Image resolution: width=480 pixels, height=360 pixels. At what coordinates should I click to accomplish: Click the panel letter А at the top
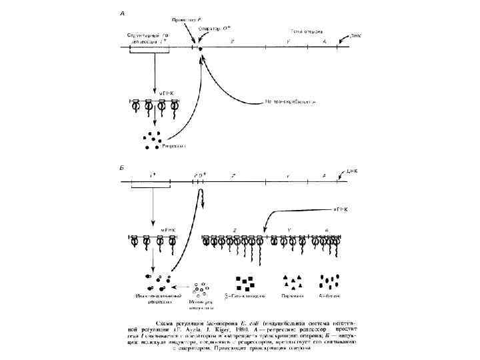pyautogui.click(x=122, y=12)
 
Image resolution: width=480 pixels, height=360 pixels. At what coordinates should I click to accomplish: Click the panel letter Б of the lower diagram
pyautogui.click(x=122, y=164)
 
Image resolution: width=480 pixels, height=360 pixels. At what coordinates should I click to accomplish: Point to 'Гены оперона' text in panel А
pyautogui.click(x=307, y=31)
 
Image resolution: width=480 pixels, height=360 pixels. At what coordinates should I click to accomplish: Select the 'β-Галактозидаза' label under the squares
pyautogui.click(x=243, y=294)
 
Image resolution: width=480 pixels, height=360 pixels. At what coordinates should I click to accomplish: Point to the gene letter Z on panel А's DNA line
pyautogui.click(x=232, y=41)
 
